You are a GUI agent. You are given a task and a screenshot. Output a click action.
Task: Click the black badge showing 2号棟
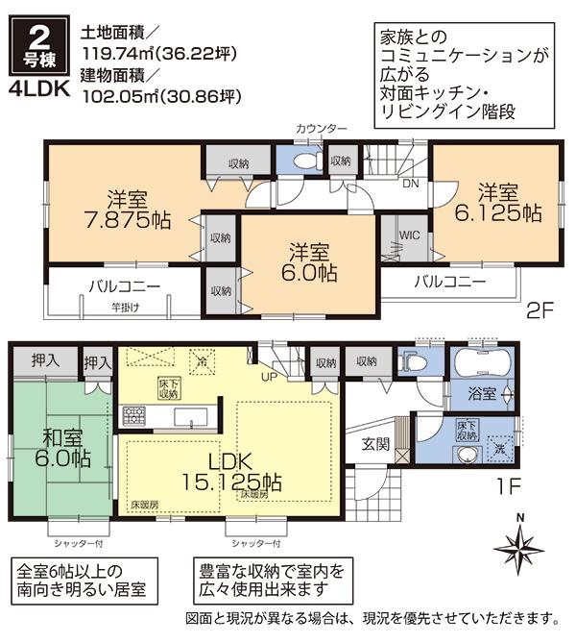(39, 47)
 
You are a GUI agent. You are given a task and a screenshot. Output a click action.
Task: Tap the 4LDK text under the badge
(39, 94)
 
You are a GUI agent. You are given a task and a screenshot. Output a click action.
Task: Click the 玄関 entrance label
(375, 443)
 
